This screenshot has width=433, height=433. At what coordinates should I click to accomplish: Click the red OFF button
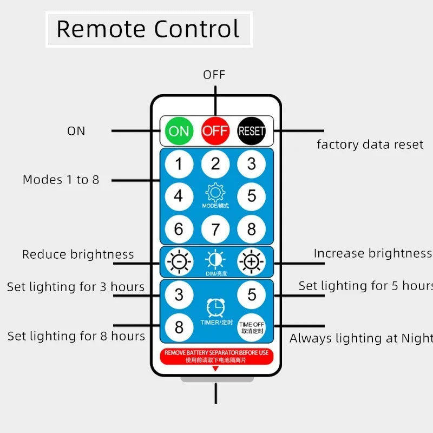215,130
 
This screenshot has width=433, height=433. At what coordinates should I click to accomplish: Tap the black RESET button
252,130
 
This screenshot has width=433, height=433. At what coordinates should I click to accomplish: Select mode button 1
179,163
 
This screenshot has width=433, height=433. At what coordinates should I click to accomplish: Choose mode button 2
215,163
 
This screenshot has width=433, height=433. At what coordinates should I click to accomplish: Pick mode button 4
179,196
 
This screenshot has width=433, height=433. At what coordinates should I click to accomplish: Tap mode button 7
215,229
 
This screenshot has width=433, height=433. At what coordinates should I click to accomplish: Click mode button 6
179,229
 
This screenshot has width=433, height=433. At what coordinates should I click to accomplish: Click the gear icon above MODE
215,192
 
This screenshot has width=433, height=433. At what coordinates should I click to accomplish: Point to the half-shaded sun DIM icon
215,260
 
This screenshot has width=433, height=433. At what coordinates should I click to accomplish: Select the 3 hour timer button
179,295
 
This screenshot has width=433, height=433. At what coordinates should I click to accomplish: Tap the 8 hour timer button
179,327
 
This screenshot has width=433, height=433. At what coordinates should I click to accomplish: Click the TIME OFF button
252,327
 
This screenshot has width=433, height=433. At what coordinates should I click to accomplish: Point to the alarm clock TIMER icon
215,307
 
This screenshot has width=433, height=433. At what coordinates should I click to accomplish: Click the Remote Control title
148,29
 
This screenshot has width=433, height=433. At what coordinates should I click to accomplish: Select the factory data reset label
370,145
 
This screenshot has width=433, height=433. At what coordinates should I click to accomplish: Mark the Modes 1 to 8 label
61,180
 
